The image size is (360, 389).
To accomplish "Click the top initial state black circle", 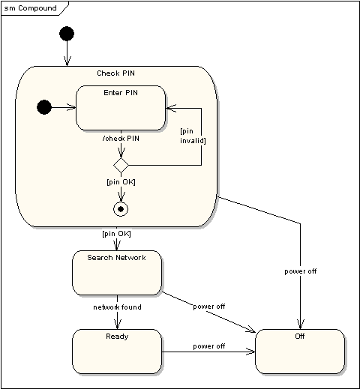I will click(67, 34).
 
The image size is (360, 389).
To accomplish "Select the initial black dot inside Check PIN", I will click(44, 108).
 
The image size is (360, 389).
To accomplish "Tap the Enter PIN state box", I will click(121, 109).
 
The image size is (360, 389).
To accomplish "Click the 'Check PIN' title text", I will click(116, 73).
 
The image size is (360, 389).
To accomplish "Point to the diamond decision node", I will click(121, 164).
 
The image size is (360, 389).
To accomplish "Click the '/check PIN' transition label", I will click(121, 138).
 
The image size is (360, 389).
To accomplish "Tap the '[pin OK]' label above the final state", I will click(121, 181).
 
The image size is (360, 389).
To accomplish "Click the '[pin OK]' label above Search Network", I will click(116, 234).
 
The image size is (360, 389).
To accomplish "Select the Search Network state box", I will click(116, 273).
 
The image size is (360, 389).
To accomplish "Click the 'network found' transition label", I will click(117, 307).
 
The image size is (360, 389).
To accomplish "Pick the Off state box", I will click(300, 352).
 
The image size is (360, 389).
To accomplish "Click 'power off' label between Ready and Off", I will click(208, 346).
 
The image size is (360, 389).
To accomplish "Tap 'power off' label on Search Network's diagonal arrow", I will click(209, 307).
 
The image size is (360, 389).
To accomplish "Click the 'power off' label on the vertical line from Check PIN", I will click(301, 271).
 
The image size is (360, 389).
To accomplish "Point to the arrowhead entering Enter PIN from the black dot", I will click(73, 108).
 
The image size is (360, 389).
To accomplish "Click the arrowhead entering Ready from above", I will click(117, 325).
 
